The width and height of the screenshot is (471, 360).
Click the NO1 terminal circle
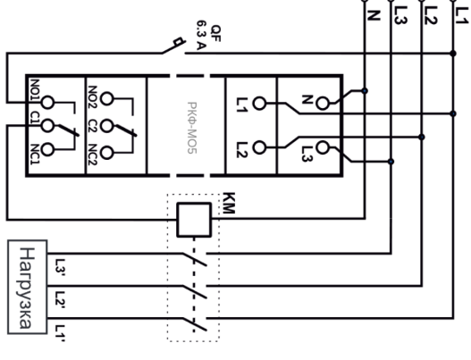click(47, 103)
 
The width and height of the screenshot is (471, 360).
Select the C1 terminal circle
click(47, 125)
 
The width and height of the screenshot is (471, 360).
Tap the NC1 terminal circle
click(47, 149)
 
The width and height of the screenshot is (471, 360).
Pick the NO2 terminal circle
click(106, 99)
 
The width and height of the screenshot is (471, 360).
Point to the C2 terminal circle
click(106, 126)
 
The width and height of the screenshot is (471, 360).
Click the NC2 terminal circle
click(106, 153)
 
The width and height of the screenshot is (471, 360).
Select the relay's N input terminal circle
click(323, 104)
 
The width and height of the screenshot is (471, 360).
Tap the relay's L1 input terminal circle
click(259, 104)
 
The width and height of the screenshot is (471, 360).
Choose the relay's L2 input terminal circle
click(259, 147)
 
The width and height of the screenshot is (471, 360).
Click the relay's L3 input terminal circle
click(323, 147)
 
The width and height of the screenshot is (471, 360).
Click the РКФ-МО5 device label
click(192, 128)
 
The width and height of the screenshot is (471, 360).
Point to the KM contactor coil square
click(194, 220)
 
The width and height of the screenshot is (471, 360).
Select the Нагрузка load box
click(28, 287)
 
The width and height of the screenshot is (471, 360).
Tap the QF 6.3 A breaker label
click(208, 35)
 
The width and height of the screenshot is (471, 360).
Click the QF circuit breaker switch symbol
click(174, 46)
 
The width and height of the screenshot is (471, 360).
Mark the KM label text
click(229, 203)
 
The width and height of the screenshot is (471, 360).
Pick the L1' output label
click(60, 333)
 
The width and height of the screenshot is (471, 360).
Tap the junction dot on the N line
click(365, 91)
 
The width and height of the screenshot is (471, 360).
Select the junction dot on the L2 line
click(422, 137)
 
